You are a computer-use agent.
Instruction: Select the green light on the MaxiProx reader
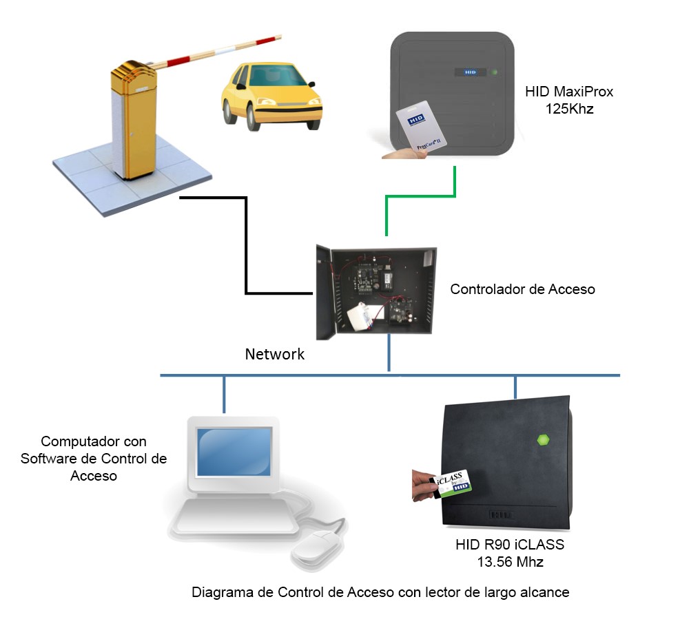494,71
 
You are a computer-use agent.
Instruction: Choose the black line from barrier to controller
246,248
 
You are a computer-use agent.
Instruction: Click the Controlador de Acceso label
522,289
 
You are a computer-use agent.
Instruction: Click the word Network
275,355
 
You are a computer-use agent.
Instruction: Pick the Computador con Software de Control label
94,459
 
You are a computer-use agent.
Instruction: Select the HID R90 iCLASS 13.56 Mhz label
510,553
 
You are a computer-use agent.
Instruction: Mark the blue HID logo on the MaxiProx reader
470,71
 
